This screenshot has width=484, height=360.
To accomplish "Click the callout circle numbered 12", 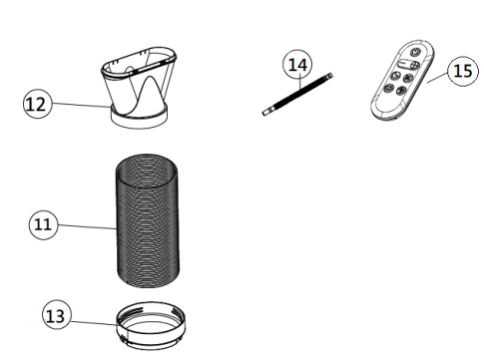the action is coord(38,104).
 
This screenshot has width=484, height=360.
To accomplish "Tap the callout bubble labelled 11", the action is coord(43,224).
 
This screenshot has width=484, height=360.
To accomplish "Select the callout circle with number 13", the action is coord(57,314).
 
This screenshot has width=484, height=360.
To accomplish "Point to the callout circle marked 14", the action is coord(297,64).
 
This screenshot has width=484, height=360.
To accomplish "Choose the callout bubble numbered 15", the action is coord(463,71).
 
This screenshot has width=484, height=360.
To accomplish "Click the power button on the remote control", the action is coord(415,52).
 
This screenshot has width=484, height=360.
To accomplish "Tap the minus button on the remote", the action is coord(388,89).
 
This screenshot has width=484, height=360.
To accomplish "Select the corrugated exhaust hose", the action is coord(148,220).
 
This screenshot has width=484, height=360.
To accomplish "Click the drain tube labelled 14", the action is coord(297,94).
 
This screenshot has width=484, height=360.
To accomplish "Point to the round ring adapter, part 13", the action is coord(151,326).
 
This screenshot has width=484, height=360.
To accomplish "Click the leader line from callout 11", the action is coord(87,226).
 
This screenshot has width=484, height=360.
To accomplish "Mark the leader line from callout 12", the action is coord(82,105).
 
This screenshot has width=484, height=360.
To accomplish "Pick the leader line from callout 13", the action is coord(94,323).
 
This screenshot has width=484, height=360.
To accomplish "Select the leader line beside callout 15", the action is coord(437,79).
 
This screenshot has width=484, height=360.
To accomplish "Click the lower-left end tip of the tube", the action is coord(263,114).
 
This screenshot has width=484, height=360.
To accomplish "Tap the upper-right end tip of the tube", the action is coord(330,75).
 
